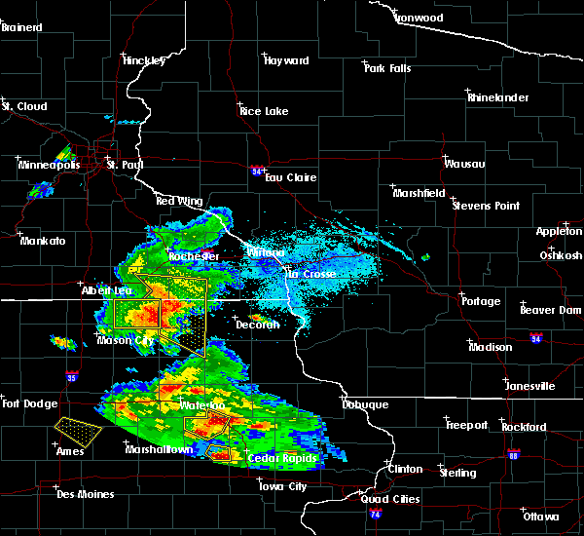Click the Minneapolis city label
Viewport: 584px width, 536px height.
[x=48, y=165]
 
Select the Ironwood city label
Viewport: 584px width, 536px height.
[x=419, y=18]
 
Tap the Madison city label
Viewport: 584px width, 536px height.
[x=490, y=347]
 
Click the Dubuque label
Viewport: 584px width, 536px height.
[x=365, y=404]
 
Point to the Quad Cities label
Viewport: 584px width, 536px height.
[x=392, y=499]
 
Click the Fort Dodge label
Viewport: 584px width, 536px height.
[x=24, y=403]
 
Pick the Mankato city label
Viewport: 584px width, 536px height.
[x=43, y=240]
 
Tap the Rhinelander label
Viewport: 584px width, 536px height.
[x=496, y=97]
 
